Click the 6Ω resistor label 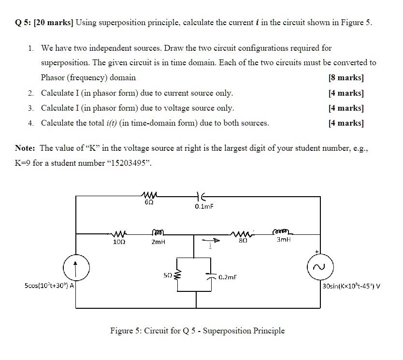tap(148, 203)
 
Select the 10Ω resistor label tap(118, 241)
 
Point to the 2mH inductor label tap(158, 241)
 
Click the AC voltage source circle tap(319, 267)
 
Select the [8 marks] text tap(345, 77)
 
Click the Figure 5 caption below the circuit tap(197, 331)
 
